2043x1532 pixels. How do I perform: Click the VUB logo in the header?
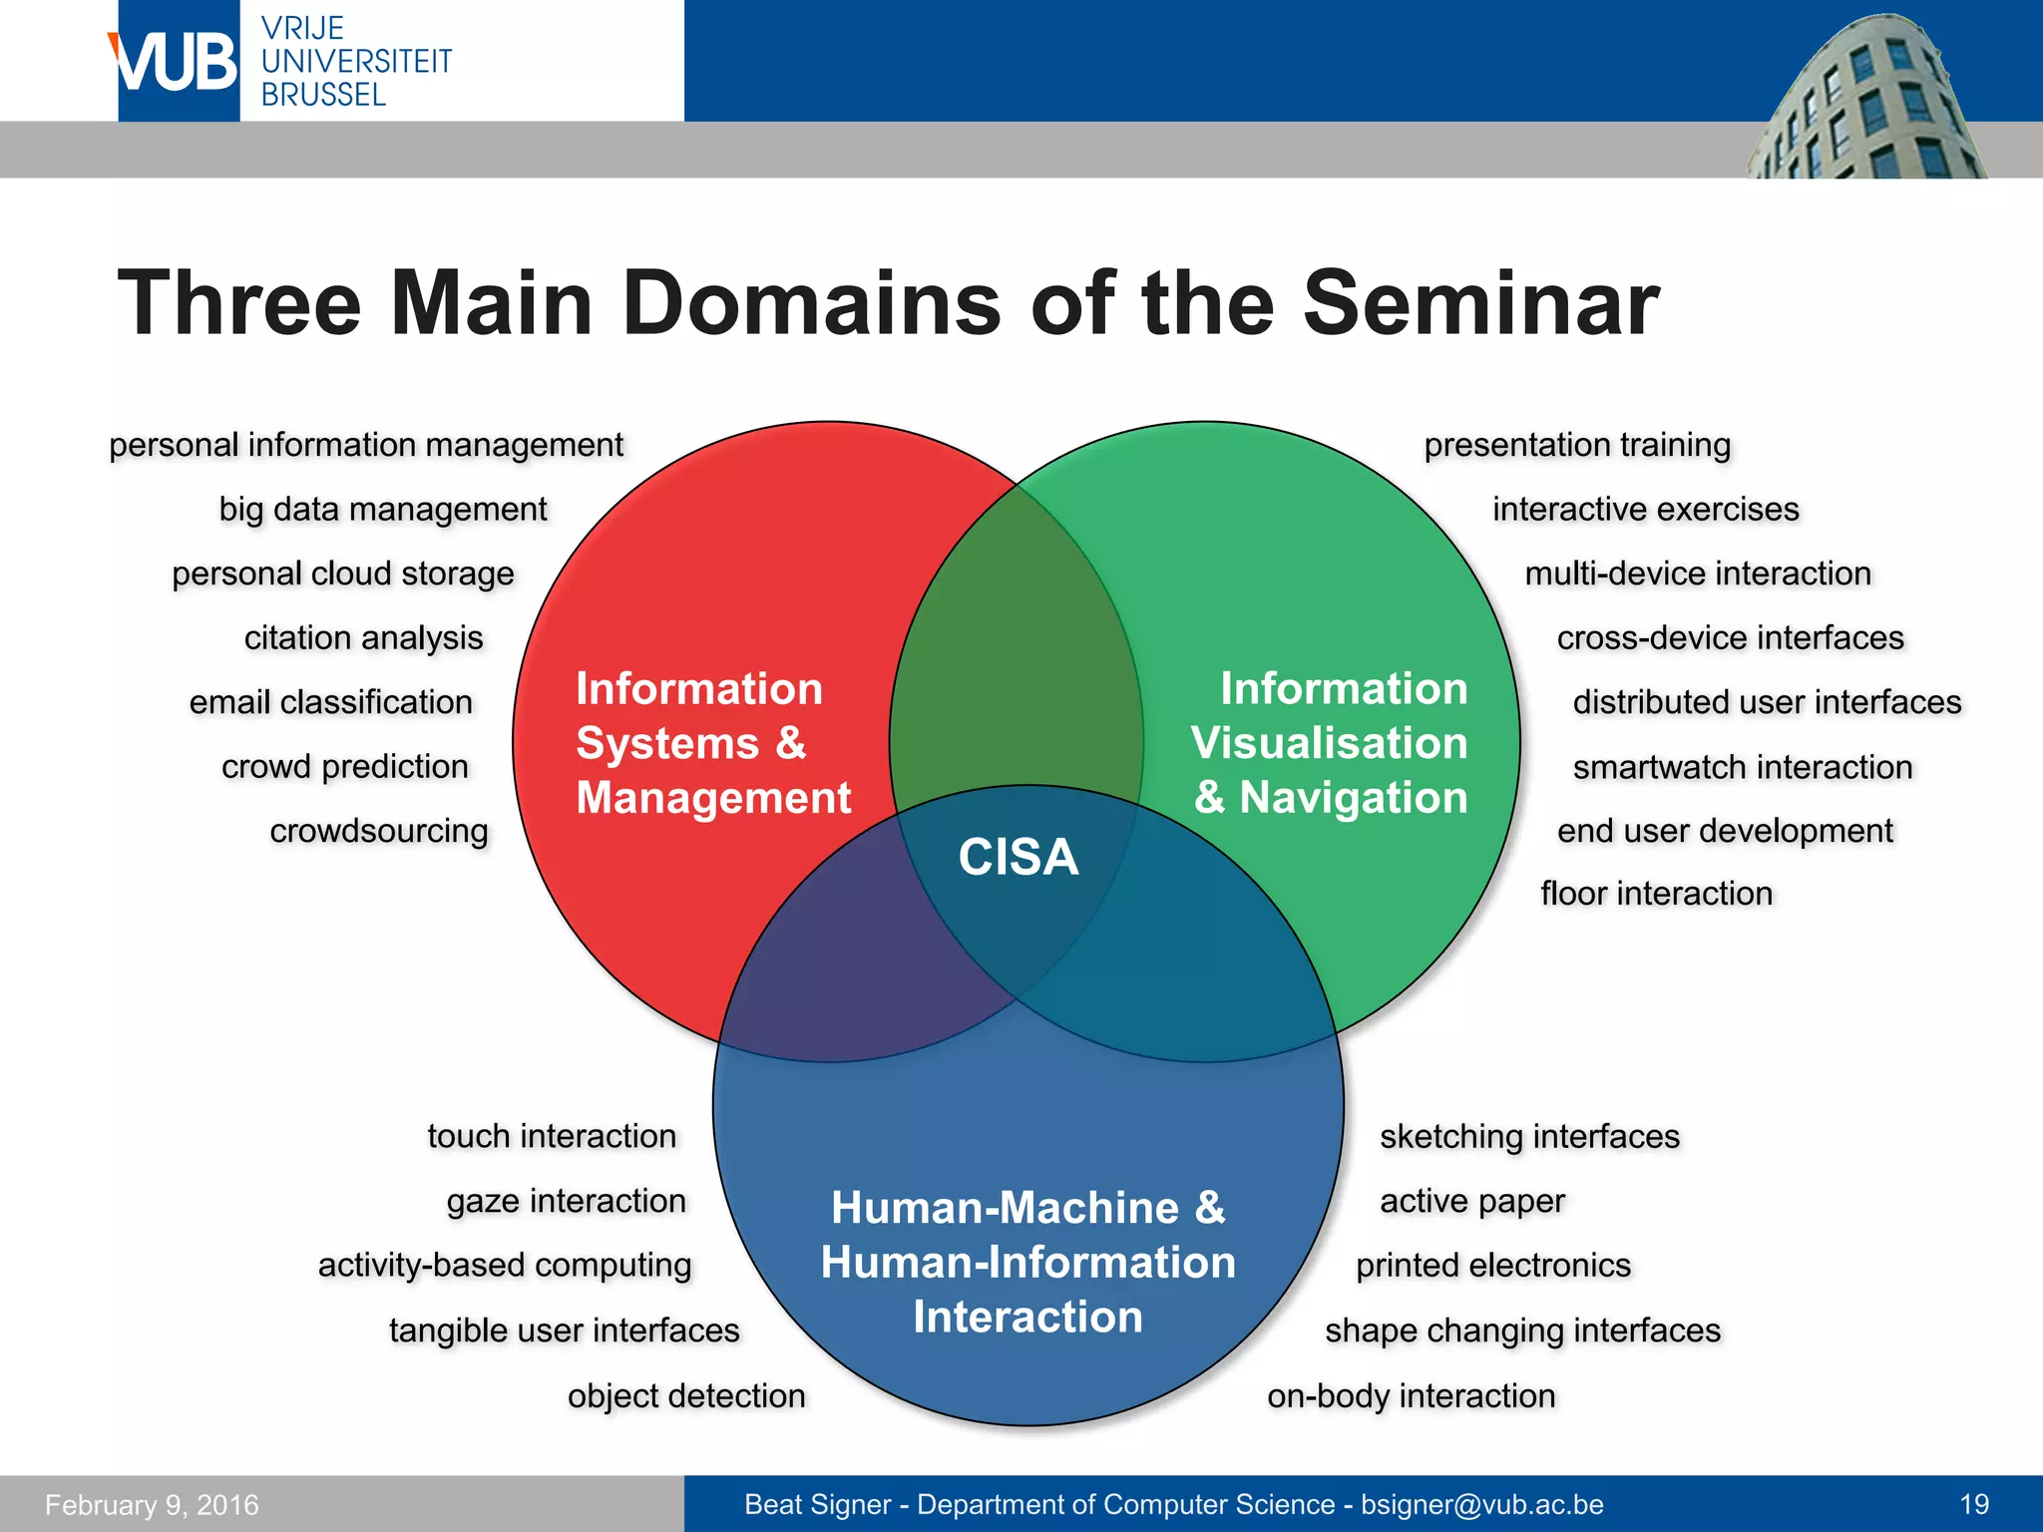point(178,62)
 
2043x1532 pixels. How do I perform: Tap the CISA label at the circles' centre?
point(1019,857)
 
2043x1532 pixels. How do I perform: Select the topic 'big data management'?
point(383,510)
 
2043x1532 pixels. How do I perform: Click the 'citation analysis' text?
point(363,638)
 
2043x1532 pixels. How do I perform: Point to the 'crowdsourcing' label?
point(379,831)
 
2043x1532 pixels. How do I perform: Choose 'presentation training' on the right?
point(1577,445)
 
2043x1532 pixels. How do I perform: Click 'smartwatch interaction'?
point(1743,767)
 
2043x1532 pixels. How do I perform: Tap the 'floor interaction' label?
point(1656,894)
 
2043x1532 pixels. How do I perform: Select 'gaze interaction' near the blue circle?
point(566,1201)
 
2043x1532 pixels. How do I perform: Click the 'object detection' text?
point(686,1395)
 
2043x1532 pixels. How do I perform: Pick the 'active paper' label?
point(1472,1201)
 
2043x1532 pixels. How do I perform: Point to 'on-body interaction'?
point(1412,1395)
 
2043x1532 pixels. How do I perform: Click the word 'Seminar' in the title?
point(1481,303)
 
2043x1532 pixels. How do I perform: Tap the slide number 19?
point(1974,1504)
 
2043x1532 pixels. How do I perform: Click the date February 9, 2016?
point(152,1504)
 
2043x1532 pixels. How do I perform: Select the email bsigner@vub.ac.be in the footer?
point(1482,1504)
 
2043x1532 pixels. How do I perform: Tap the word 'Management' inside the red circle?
point(713,798)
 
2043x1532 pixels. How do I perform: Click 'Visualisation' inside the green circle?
point(1329,743)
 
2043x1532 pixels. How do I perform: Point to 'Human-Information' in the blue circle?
point(1027,1263)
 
